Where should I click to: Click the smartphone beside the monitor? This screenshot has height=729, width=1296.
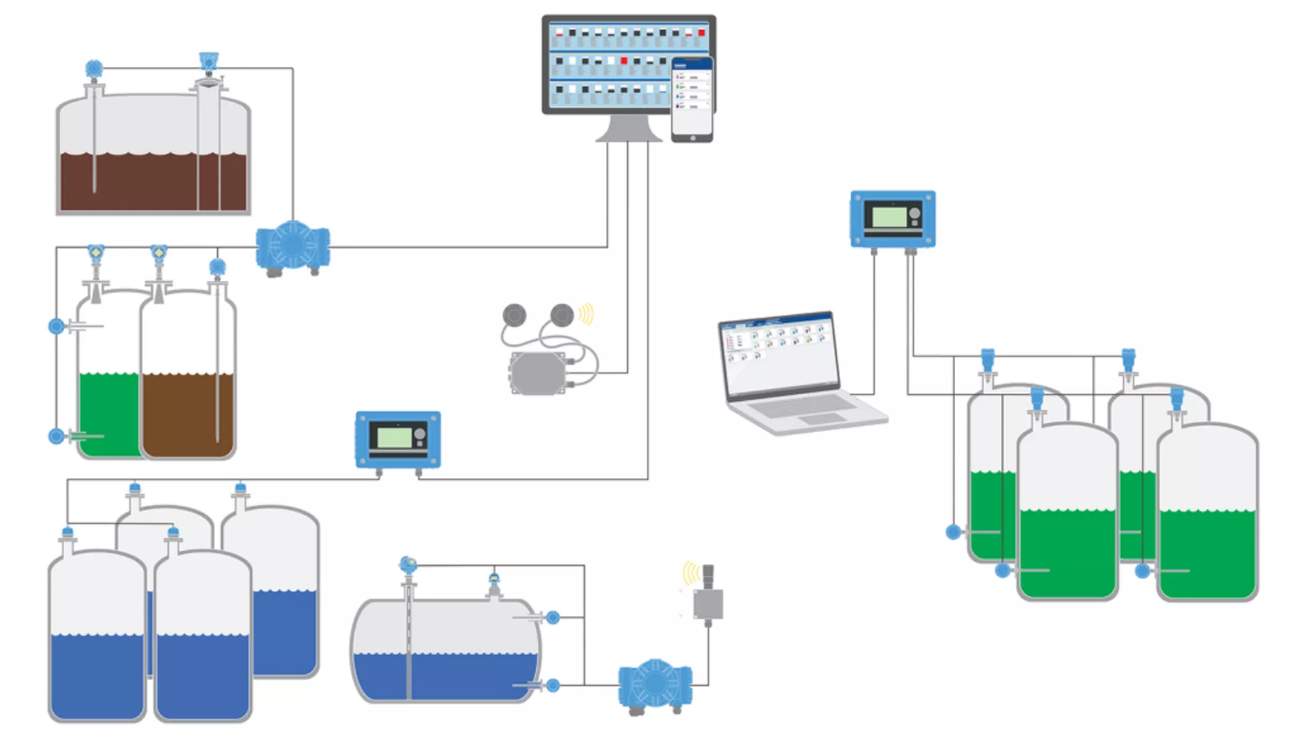[x=692, y=99]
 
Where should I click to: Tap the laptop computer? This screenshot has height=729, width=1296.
[x=796, y=371]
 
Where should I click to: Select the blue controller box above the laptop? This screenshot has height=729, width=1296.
[x=892, y=219]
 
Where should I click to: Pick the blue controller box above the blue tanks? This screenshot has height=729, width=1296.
[x=398, y=439]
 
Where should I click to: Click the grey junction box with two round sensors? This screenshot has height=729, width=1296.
[x=538, y=373]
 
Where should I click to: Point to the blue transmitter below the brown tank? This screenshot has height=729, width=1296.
[x=293, y=248]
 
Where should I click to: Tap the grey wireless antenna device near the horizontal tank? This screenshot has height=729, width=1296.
[x=708, y=597]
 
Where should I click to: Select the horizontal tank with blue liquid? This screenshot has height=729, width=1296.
[x=446, y=651]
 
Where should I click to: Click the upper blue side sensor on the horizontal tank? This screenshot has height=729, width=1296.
[x=553, y=617]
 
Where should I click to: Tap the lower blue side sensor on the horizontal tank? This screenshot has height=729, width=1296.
[x=553, y=685]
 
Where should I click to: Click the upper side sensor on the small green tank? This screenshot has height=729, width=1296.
[x=57, y=327]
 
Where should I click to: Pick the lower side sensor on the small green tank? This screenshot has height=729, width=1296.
[x=57, y=436]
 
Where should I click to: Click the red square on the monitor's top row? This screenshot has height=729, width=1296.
[x=701, y=32]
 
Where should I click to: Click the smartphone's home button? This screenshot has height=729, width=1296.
[x=693, y=138]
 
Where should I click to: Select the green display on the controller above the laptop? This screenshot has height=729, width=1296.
[x=889, y=217]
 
